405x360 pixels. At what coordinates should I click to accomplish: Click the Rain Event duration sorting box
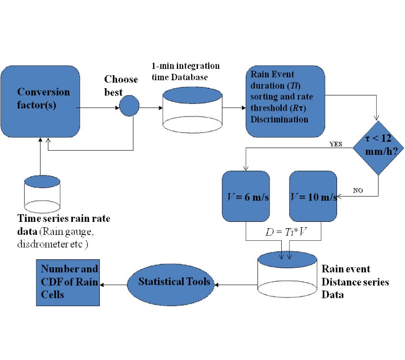tap(285, 101)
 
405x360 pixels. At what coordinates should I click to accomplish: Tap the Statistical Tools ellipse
tap(174, 282)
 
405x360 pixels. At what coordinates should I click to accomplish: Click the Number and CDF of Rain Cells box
tap(68, 282)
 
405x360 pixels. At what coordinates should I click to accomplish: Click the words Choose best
tap(121, 85)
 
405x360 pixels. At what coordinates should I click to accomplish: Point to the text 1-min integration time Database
tap(185, 72)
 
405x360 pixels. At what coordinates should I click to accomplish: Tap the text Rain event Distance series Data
tap(355, 282)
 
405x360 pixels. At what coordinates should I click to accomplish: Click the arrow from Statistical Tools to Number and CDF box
tap(113, 284)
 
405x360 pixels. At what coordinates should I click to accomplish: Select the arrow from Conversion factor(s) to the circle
tap(99, 108)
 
